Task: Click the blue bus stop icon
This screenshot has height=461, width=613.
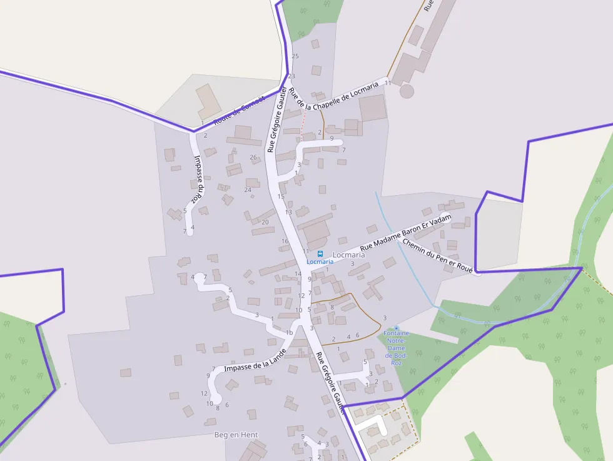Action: (320, 254)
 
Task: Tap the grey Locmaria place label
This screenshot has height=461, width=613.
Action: (349, 255)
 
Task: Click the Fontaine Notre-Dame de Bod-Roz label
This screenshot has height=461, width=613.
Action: (396, 348)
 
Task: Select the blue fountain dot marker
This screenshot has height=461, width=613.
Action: (396, 328)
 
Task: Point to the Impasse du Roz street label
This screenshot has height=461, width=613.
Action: (198, 178)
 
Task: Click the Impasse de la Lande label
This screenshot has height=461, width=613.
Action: (255, 362)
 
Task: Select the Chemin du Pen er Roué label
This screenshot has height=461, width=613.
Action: (438, 255)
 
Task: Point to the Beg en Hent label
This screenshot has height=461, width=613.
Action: (236, 435)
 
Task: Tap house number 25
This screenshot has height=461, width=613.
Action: (295, 56)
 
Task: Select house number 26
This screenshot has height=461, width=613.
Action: (253, 157)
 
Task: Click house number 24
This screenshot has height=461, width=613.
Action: (248, 190)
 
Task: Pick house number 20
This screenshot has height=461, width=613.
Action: (265, 222)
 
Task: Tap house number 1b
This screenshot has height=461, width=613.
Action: (289, 332)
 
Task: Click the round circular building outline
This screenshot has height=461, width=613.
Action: (407, 91)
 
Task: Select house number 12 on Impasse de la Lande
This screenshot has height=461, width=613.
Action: (204, 393)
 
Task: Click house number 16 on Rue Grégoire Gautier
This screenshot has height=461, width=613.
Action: (285, 241)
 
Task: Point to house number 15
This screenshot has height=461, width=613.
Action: (281, 196)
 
